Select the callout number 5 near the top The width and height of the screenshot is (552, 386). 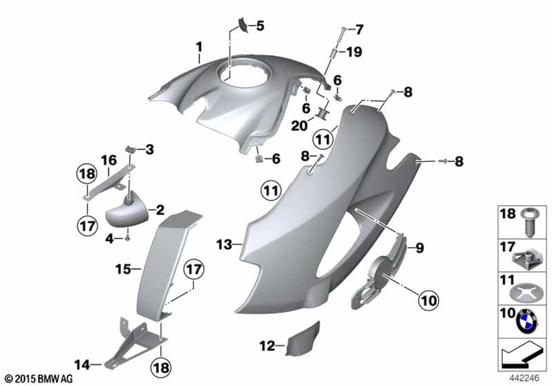260,25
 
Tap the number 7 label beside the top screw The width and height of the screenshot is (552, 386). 360,29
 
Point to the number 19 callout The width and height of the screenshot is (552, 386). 354,52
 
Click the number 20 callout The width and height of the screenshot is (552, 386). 298,126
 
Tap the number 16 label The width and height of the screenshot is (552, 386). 110,159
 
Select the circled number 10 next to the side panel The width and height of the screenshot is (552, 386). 428,300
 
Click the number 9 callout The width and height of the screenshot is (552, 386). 420,249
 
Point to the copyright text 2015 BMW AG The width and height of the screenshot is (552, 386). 42,378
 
